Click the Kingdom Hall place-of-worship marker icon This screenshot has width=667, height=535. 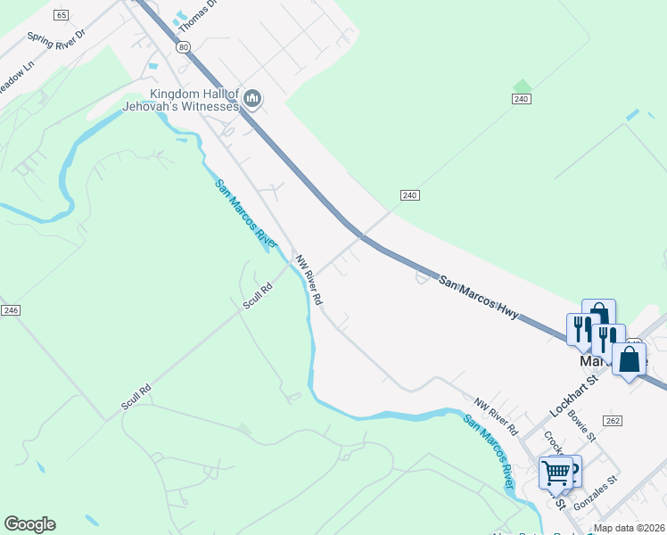pyautogui.click(x=251, y=99)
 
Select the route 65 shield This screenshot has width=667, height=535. pyautogui.click(x=61, y=15)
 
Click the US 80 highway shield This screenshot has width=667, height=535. pyautogui.click(x=183, y=46)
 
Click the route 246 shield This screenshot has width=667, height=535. pyautogui.click(x=11, y=309)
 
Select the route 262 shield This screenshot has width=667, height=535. pyautogui.click(x=612, y=420)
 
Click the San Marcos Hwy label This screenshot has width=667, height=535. pyautogui.click(x=477, y=294)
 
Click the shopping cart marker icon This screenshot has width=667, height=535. pyautogui.click(x=556, y=472)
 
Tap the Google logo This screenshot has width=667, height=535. pyautogui.click(x=29, y=524)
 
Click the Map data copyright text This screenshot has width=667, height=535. pyautogui.click(x=630, y=528)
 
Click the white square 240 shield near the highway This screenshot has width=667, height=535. pyautogui.click(x=410, y=195)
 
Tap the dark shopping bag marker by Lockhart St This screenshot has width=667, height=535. pyautogui.click(x=630, y=359)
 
